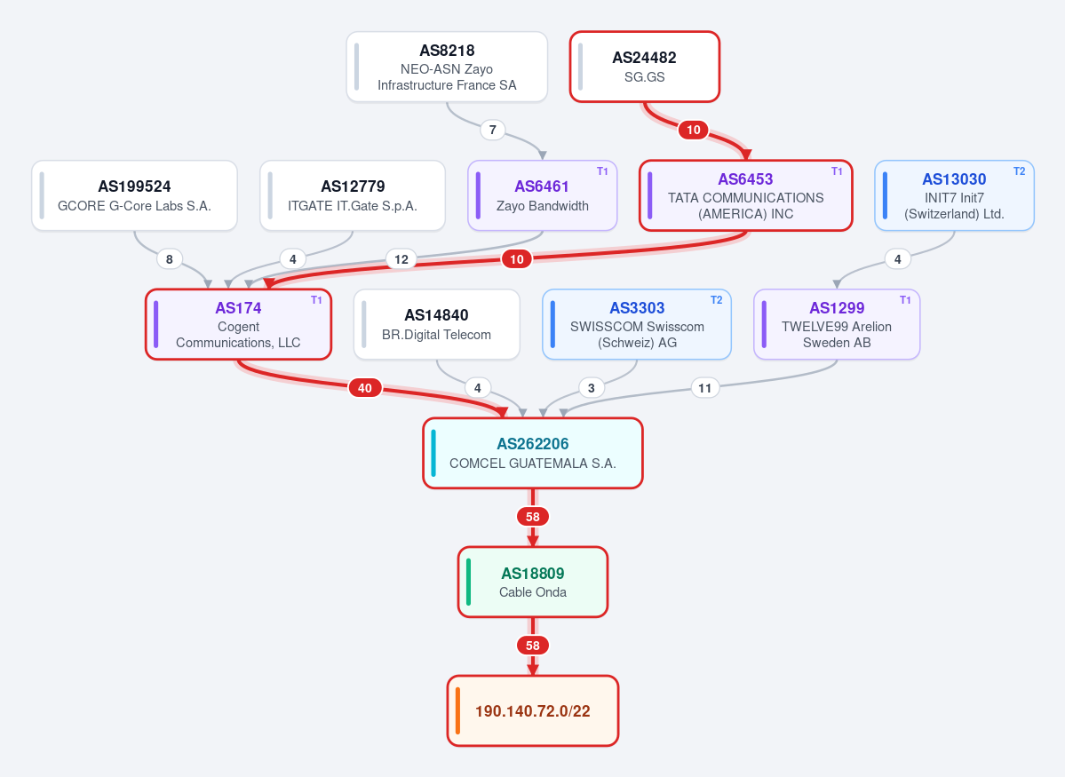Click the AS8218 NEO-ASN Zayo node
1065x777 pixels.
coord(447,67)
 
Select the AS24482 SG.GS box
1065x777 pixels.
coord(645,67)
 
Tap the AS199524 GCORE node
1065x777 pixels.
coord(134,195)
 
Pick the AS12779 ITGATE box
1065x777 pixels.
coord(353,195)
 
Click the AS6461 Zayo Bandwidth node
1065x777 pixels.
coord(542,195)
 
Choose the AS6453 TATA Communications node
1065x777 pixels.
coord(746,195)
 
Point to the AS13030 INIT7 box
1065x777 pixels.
coord(954,195)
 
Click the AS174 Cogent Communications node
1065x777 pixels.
coord(238,325)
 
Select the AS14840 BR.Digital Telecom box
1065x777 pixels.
coord(437,325)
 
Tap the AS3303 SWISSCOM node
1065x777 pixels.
coord(637,325)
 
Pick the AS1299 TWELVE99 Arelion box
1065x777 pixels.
coord(837,325)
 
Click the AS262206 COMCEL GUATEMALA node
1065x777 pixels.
coord(533,453)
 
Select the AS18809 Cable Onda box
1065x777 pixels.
coord(533,582)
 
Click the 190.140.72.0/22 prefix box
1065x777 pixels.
coord(533,710)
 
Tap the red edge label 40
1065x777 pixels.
coord(365,388)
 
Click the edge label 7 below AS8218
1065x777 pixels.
coord(492,130)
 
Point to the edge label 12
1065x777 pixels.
coord(401,258)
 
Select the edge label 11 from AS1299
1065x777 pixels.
coord(705,388)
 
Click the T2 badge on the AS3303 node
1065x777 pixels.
coord(717,300)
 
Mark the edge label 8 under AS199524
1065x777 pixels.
coord(169,258)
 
